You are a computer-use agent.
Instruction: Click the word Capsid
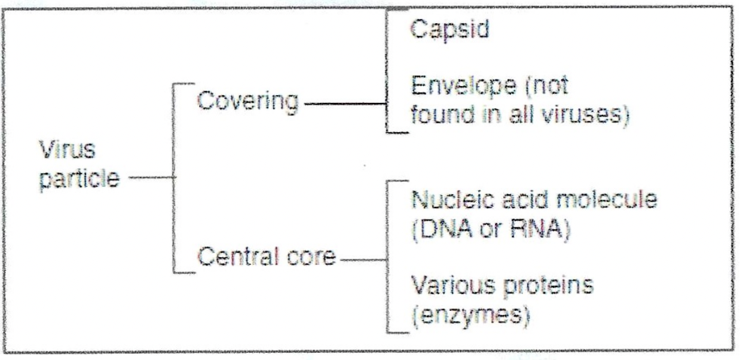[449, 29]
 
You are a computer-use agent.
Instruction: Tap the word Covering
[248, 102]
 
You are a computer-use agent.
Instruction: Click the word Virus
[68, 150]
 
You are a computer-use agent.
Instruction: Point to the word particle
[79, 179]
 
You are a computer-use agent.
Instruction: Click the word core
[311, 258]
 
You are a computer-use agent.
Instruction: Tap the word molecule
[607, 200]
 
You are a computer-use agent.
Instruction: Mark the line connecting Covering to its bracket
[345, 104]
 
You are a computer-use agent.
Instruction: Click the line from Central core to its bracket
[363, 260]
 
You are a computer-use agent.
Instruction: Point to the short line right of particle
[151, 178]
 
